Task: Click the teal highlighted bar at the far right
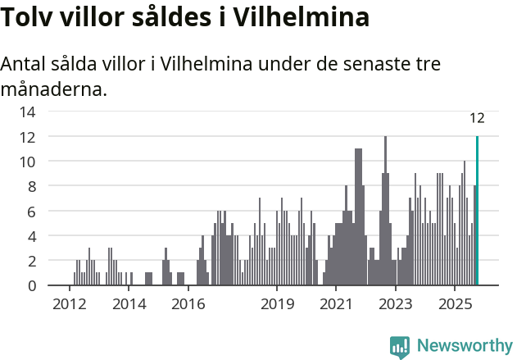tap(477, 211)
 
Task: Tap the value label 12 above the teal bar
tap(477, 118)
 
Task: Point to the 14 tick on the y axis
tap(27, 112)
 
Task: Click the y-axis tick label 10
tap(27, 162)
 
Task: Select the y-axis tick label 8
tap(31, 186)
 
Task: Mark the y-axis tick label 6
tap(31, 212)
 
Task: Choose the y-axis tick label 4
tap(31, 236)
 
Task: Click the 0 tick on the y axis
tap(31, 285)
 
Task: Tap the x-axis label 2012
tap(69, 305)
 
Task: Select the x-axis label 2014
tap(129, 305)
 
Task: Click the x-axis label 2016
tap(188, 305)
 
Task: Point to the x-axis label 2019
tap(277, 305)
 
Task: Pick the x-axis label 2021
tap(336, 305)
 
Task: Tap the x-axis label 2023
tap(396, 305)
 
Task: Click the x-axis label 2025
tap(455, 305)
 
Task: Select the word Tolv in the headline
tap(27, 17)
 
